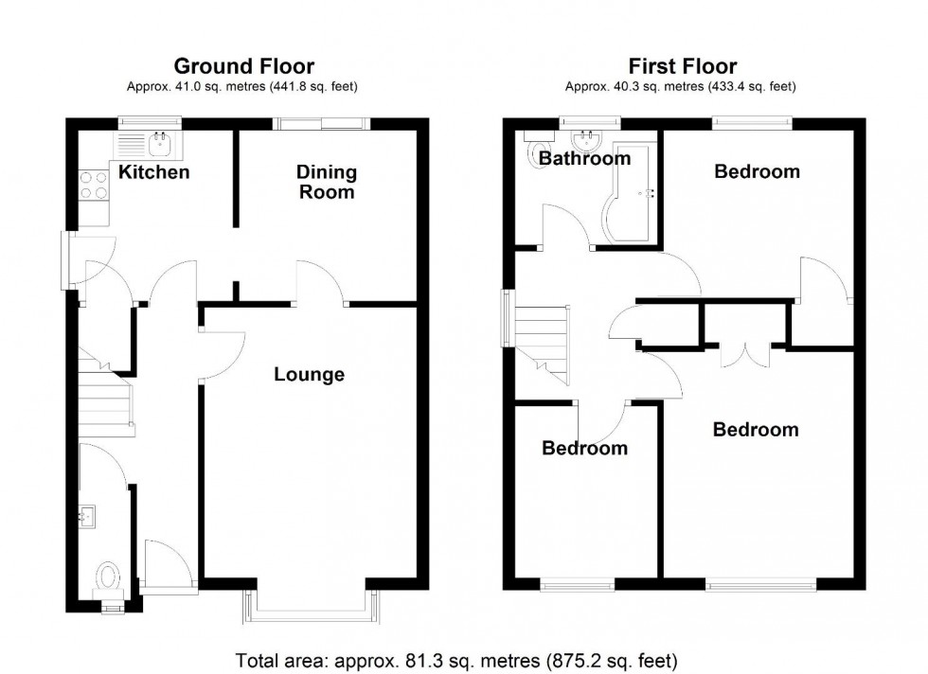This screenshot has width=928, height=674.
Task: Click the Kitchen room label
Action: tap(153, 172)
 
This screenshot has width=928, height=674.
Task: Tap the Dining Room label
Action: tap(327, 182)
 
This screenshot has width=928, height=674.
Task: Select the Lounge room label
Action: tap(309, 375)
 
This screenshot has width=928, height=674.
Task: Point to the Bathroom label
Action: tap(584, 159)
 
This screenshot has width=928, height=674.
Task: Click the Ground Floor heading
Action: tap(243, 66)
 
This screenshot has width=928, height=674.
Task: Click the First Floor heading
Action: tap(682, 66)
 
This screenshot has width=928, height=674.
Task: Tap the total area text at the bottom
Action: tap(464, 659)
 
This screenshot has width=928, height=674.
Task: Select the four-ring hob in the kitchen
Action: tap(93, 183)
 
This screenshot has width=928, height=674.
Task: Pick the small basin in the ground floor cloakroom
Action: tap(87, 516)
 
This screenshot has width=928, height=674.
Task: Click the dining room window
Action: tap(319, 123)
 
